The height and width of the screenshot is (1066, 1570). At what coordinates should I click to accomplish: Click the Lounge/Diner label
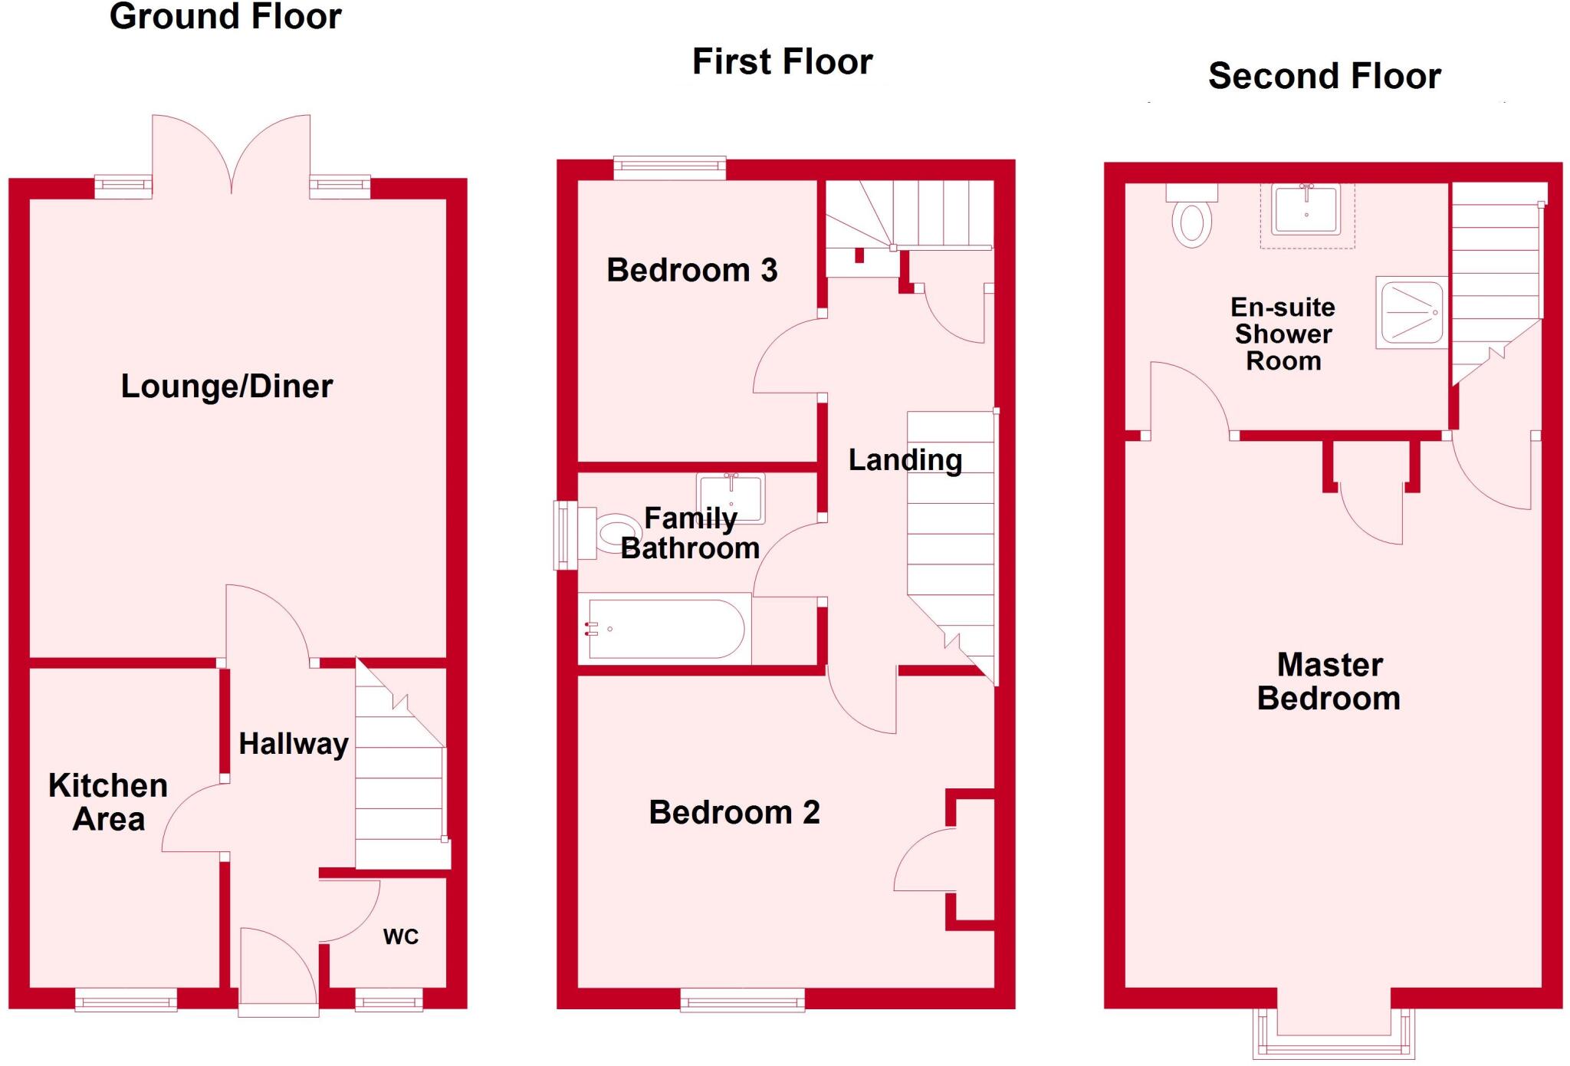(x=227, y=386)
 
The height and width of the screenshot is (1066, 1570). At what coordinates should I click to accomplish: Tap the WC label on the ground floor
(x=400, y=936)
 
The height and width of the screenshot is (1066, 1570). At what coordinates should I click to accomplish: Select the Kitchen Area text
(x=108, y=802)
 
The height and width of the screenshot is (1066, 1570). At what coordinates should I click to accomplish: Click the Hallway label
(x=294, y=744)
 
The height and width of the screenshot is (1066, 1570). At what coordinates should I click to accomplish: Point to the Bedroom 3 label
(x=691, y=270)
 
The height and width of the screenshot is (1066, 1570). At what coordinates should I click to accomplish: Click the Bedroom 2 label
(x=734, y=812)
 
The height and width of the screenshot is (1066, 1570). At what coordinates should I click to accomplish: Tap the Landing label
(x=905, y=460)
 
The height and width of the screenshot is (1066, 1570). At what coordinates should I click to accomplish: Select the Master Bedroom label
(x=1329, y=682)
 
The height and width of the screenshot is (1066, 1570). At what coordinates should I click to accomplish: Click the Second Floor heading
(x=1324, y=76)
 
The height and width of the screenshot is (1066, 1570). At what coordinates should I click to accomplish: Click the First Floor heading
(x=782, y=61)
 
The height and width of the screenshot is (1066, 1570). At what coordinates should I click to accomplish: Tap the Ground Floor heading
(x=225, y=16)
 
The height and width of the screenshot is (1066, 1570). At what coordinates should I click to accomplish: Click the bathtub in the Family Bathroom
(x=665, y=630)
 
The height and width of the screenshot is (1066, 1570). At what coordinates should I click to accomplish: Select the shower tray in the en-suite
(x=1411, y=312)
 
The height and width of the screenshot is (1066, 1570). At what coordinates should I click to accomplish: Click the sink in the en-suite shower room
(x=1306, y=209)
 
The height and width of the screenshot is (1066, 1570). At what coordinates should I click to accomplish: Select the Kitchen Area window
(x=126, y=999)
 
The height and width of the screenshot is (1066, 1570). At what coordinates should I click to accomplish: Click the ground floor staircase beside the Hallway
(x=399, y=790)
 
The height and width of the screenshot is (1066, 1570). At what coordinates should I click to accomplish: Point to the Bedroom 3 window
(x=669, y=168)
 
